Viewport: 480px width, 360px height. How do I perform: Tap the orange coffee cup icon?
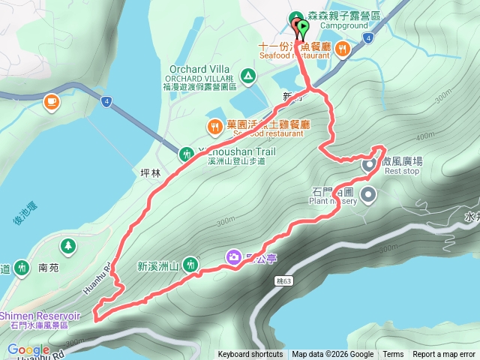(51, 101)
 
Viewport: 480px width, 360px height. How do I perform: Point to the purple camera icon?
(235, 258)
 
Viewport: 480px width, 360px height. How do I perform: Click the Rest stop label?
(401, 170)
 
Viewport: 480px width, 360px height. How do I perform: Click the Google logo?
(28, 349)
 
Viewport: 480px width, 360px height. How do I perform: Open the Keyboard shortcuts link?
(250, 355)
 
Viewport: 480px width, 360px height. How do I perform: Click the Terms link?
(393, 355)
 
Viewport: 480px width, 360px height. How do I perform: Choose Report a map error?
(444, 355)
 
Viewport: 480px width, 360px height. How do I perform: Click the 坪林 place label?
(151, 172)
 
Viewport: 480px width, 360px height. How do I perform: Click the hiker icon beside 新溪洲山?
(191, 264)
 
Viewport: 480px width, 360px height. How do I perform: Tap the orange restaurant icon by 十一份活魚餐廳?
(342, 49)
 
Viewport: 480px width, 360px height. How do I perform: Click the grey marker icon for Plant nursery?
(368, 196)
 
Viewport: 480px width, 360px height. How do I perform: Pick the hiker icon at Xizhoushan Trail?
(186, 154)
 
